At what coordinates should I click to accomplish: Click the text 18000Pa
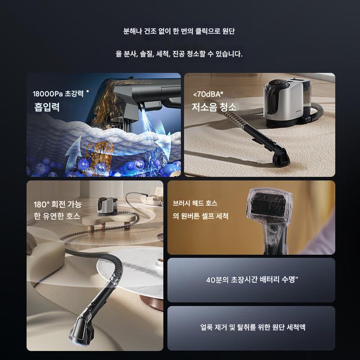click(48, 94)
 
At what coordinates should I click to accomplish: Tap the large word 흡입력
click(47, 107)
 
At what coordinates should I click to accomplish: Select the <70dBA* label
click(208, 94)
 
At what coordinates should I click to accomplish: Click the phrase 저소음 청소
click(214, 107)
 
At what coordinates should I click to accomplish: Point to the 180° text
click(41, 205)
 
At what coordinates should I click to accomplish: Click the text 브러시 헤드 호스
click(195, 203)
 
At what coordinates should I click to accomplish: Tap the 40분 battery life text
click(252, 279)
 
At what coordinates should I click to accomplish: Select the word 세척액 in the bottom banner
click(297, 327)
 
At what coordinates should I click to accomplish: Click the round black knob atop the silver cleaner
click(277, 84)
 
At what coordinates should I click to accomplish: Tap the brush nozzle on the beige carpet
click(280, 158)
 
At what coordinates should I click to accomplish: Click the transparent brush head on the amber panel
click(269, 207)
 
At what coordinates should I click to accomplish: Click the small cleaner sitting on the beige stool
click(106, 206)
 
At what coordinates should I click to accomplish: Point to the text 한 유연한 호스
click(57, 216)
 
